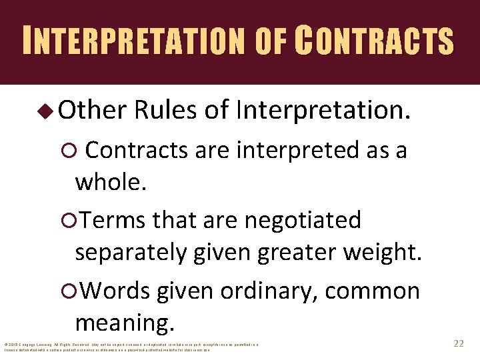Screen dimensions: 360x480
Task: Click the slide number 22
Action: (458, 343)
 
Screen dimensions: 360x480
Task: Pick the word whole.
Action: (110, 182)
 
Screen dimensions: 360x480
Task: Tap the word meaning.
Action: (125, 323)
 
